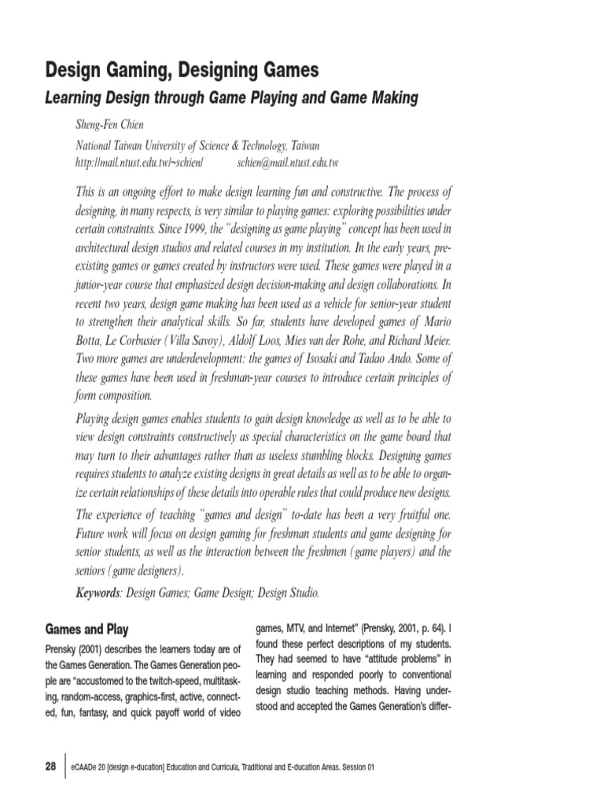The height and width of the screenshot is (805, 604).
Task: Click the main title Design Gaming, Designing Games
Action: click(x=182, y=70)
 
